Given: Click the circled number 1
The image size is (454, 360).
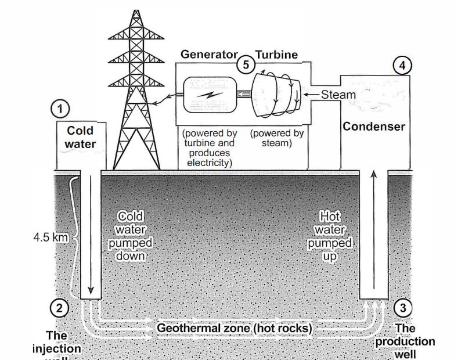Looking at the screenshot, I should point(60,108).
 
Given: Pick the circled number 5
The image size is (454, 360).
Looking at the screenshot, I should point(246,64).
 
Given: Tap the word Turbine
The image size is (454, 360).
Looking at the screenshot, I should point(276,55).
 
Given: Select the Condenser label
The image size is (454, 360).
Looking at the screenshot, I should point(374,126).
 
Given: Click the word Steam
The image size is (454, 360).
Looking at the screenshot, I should point(338,95).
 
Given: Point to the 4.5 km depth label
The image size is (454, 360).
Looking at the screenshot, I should point(51,237).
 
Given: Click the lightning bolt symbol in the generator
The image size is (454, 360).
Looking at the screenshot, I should point(206,93).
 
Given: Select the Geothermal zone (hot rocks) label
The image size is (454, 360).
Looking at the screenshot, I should point(235,328).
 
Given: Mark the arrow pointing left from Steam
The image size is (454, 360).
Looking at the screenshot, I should point(311,95).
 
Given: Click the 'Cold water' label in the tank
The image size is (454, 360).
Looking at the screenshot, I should point(80,137).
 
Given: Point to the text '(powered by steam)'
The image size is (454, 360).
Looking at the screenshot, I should point(277,138).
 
